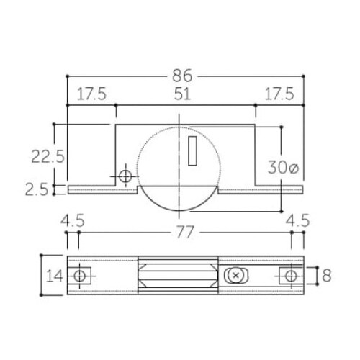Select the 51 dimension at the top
[x=184, y=94]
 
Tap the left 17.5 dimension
[x=91, y=94]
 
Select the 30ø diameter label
[x=283, y=168]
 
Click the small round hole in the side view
[x=125, y=176]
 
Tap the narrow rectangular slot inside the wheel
[x=193, y=151]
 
